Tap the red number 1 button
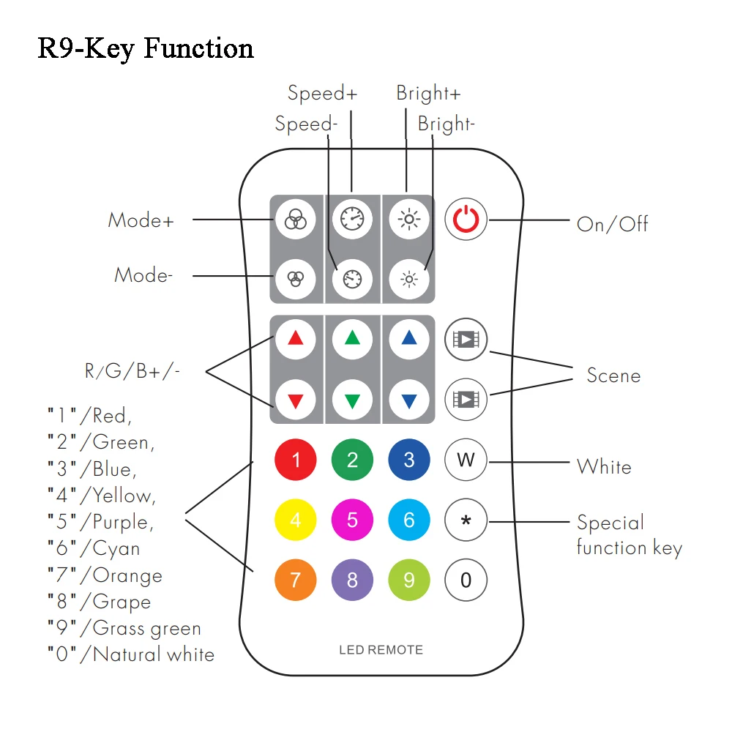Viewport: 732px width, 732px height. click(296, 460)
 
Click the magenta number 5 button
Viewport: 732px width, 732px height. click(353, 520)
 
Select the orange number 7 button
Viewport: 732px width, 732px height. click(296, 580)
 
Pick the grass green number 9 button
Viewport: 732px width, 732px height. click(409, 580)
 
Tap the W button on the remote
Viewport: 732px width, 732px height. click(466, 460)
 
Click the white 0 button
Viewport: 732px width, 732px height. click(466, 580)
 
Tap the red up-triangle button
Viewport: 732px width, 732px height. click(296, 339)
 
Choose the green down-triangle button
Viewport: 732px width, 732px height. click(353, 400)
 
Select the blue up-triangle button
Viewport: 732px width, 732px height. click(409, 339)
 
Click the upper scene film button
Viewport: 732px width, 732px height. click(466, 340)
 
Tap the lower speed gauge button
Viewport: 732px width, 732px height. click(353, 279)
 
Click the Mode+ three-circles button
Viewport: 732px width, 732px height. click(296, 219)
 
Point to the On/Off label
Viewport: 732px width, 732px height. click(613, 224)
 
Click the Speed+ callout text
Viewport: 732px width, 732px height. click(322, 93)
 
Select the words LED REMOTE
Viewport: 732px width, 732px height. click(381, 650)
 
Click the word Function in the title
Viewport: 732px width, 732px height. click(199, 49)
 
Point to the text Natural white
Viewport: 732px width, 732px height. click(154, 654)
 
